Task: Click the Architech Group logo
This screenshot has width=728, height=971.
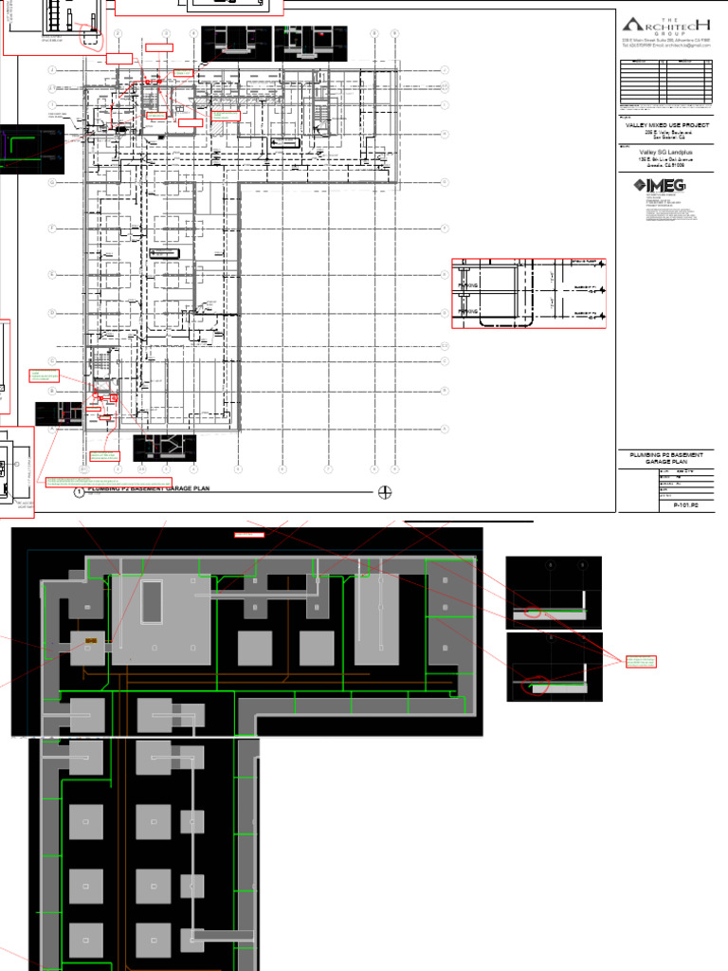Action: tap(664, 26)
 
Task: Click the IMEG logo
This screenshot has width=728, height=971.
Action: tap(660, 186)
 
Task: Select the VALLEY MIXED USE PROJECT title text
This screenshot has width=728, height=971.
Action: tap(664, 124)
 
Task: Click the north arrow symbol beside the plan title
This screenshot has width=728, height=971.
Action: tap(385, 491)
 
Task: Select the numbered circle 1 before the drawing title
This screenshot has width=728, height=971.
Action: tap(92, 491)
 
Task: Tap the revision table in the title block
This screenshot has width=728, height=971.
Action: tap(664, 82)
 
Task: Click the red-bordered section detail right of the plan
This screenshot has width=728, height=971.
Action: tap(528, 294)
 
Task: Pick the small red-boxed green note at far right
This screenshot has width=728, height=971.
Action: tap(641, 662)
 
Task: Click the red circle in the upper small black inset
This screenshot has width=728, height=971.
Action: tap(533, 613)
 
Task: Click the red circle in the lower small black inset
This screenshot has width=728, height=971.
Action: tap(536, 686)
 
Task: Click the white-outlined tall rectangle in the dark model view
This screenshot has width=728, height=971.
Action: tap(152, 603)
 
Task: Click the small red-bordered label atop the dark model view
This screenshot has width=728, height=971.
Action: tap(249, 535)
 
